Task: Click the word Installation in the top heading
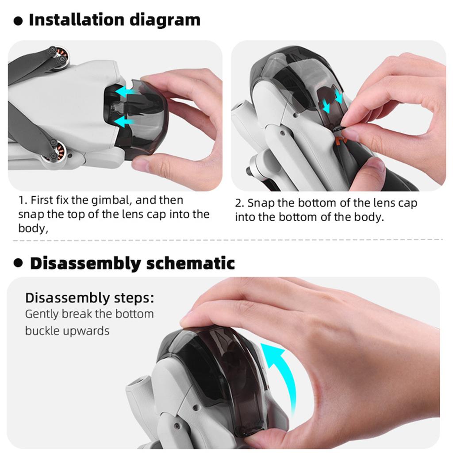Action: tap(76, 20)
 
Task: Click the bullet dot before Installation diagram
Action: tap(18, 21)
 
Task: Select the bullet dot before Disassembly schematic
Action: tap(18, 263)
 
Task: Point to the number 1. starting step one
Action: tap(23, 200)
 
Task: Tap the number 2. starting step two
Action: tap(239, 203)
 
